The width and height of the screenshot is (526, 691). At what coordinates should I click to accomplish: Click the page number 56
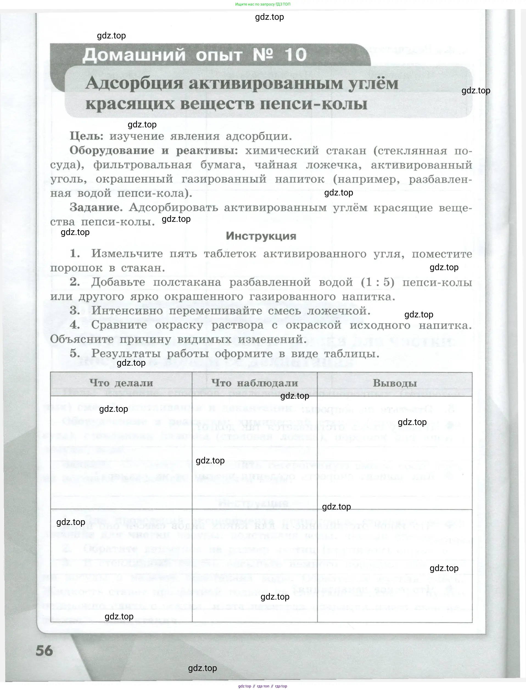[x=44, y=651]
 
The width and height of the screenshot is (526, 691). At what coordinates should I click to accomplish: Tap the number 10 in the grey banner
[x=295, y=55]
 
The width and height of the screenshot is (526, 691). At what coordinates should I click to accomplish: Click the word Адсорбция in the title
[x=134, y=84]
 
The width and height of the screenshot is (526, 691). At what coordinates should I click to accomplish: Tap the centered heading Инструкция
[x=261, y=236]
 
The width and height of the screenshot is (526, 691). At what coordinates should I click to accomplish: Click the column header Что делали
[x=121, y=383]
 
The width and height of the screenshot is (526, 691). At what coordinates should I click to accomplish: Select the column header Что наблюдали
[x=254, y=383]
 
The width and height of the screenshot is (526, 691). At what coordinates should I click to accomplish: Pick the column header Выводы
[x=395, y=383]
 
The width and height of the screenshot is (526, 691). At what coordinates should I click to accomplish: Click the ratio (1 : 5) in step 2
[x=377, y=282]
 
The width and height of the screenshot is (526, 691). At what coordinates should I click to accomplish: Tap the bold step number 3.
[x=74, y=310]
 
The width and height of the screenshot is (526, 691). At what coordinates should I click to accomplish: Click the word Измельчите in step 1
[x=127, y=253]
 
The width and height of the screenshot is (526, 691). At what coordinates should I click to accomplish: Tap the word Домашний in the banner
[x=134, y=55]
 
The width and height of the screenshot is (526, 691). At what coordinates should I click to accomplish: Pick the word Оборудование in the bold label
[x=111, y=151]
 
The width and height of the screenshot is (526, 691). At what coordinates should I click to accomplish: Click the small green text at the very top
[x=263, y=4]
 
